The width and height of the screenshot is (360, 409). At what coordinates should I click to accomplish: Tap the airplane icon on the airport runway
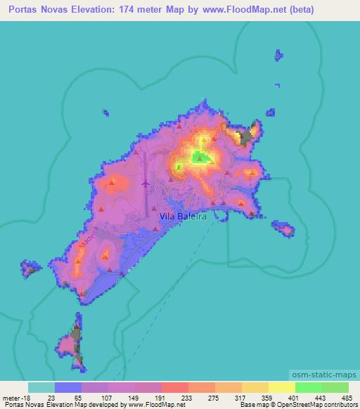point(146,184)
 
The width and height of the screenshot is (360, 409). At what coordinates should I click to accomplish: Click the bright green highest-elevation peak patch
point(201,157)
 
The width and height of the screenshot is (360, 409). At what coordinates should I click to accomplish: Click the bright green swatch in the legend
point(308,387)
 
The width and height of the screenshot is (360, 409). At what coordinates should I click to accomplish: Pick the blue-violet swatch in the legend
point(68,387)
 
